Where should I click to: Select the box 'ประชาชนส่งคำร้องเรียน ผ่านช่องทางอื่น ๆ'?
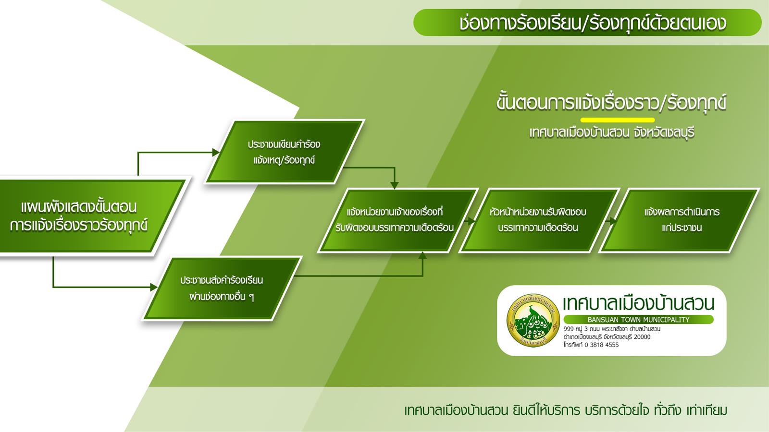[222, 288]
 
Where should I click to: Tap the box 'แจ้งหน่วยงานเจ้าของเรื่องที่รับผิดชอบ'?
[397, 220]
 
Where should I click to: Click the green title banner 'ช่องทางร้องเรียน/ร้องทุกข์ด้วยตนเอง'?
[587, 23]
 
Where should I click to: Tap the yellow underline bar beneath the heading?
[618, 120]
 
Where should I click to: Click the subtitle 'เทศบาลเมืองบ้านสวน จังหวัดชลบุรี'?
[612, 132]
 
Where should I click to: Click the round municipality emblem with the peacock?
[533, 320]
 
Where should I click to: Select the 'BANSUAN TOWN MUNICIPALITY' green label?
[639, 320]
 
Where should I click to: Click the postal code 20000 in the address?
[642, 336]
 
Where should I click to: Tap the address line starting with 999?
[612, 329]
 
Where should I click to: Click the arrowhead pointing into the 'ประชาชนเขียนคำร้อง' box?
[216, 152]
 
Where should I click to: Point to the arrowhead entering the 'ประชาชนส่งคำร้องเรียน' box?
[154, 287]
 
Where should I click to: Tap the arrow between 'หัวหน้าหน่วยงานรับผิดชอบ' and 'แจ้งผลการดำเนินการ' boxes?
[610, 221]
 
